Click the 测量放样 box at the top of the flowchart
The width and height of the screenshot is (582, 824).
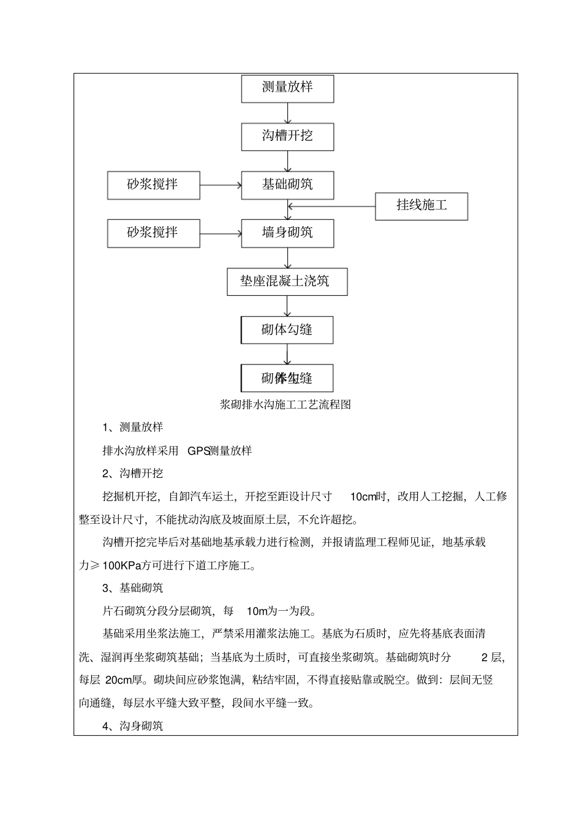(287, 88)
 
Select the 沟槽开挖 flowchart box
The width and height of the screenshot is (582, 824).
(287, 137)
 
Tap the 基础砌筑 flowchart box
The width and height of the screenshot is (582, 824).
(287, 185)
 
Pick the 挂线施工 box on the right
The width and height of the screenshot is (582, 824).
(421, 206)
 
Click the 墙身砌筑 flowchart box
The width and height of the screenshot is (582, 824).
(287, 233)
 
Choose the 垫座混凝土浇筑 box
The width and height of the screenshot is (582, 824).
(287, 282)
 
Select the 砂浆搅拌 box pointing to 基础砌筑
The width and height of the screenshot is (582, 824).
(153, 185)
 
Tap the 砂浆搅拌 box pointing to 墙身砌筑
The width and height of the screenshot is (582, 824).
(153, 233)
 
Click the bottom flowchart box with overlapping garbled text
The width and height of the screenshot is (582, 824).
(287, 378)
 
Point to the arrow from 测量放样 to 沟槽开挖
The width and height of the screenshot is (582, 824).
(287, 113)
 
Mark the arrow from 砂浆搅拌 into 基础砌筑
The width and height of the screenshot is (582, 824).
(221, 185)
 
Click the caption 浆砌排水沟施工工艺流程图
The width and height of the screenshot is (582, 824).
(285, 405)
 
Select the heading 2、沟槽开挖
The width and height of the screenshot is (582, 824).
(132, 474)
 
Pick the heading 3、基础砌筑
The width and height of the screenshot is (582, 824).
(132, 588)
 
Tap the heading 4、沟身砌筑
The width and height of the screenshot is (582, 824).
(132, 727)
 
